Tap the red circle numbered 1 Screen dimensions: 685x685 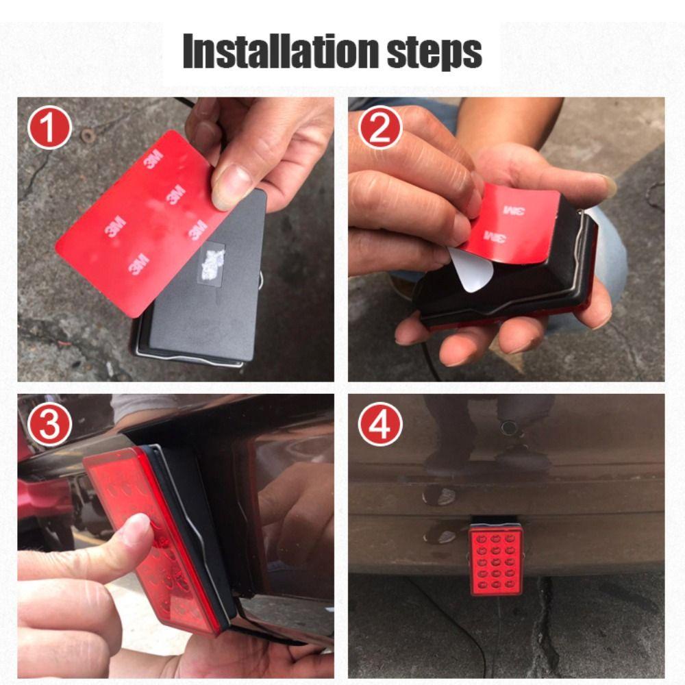(x=49, y=127)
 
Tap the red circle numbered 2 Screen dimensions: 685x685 (x=380, y=127)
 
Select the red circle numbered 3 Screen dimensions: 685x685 (x=49, y=424)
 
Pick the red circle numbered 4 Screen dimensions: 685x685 (x=380, y=424)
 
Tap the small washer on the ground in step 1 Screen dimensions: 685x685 (x=88, y=136)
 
